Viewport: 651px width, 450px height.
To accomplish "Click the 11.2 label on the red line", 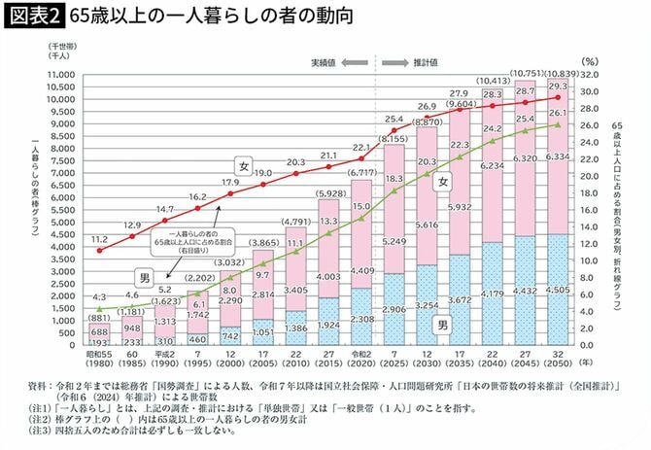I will (100, 237).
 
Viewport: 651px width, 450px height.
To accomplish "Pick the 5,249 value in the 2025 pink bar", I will (394, 242).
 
